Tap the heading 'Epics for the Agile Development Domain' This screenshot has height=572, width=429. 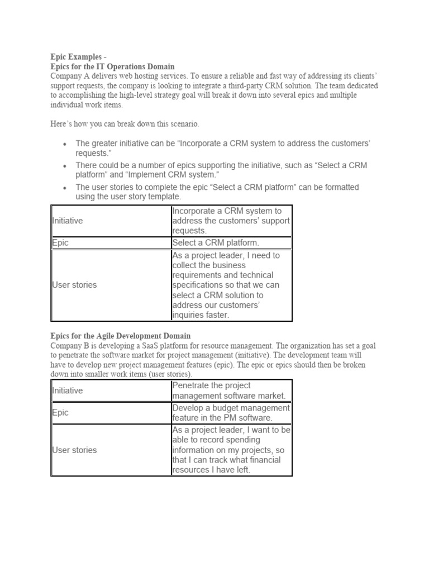(x=120, y=336)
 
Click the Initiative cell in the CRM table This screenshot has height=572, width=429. (x=68, y=221)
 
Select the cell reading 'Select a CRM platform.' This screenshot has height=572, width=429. (x=216, y=243)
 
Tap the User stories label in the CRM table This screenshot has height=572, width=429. (x=74, y=285)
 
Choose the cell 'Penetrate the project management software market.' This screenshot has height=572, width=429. (x=229, y=390)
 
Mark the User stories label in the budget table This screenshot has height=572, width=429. (x=74, y=450)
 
